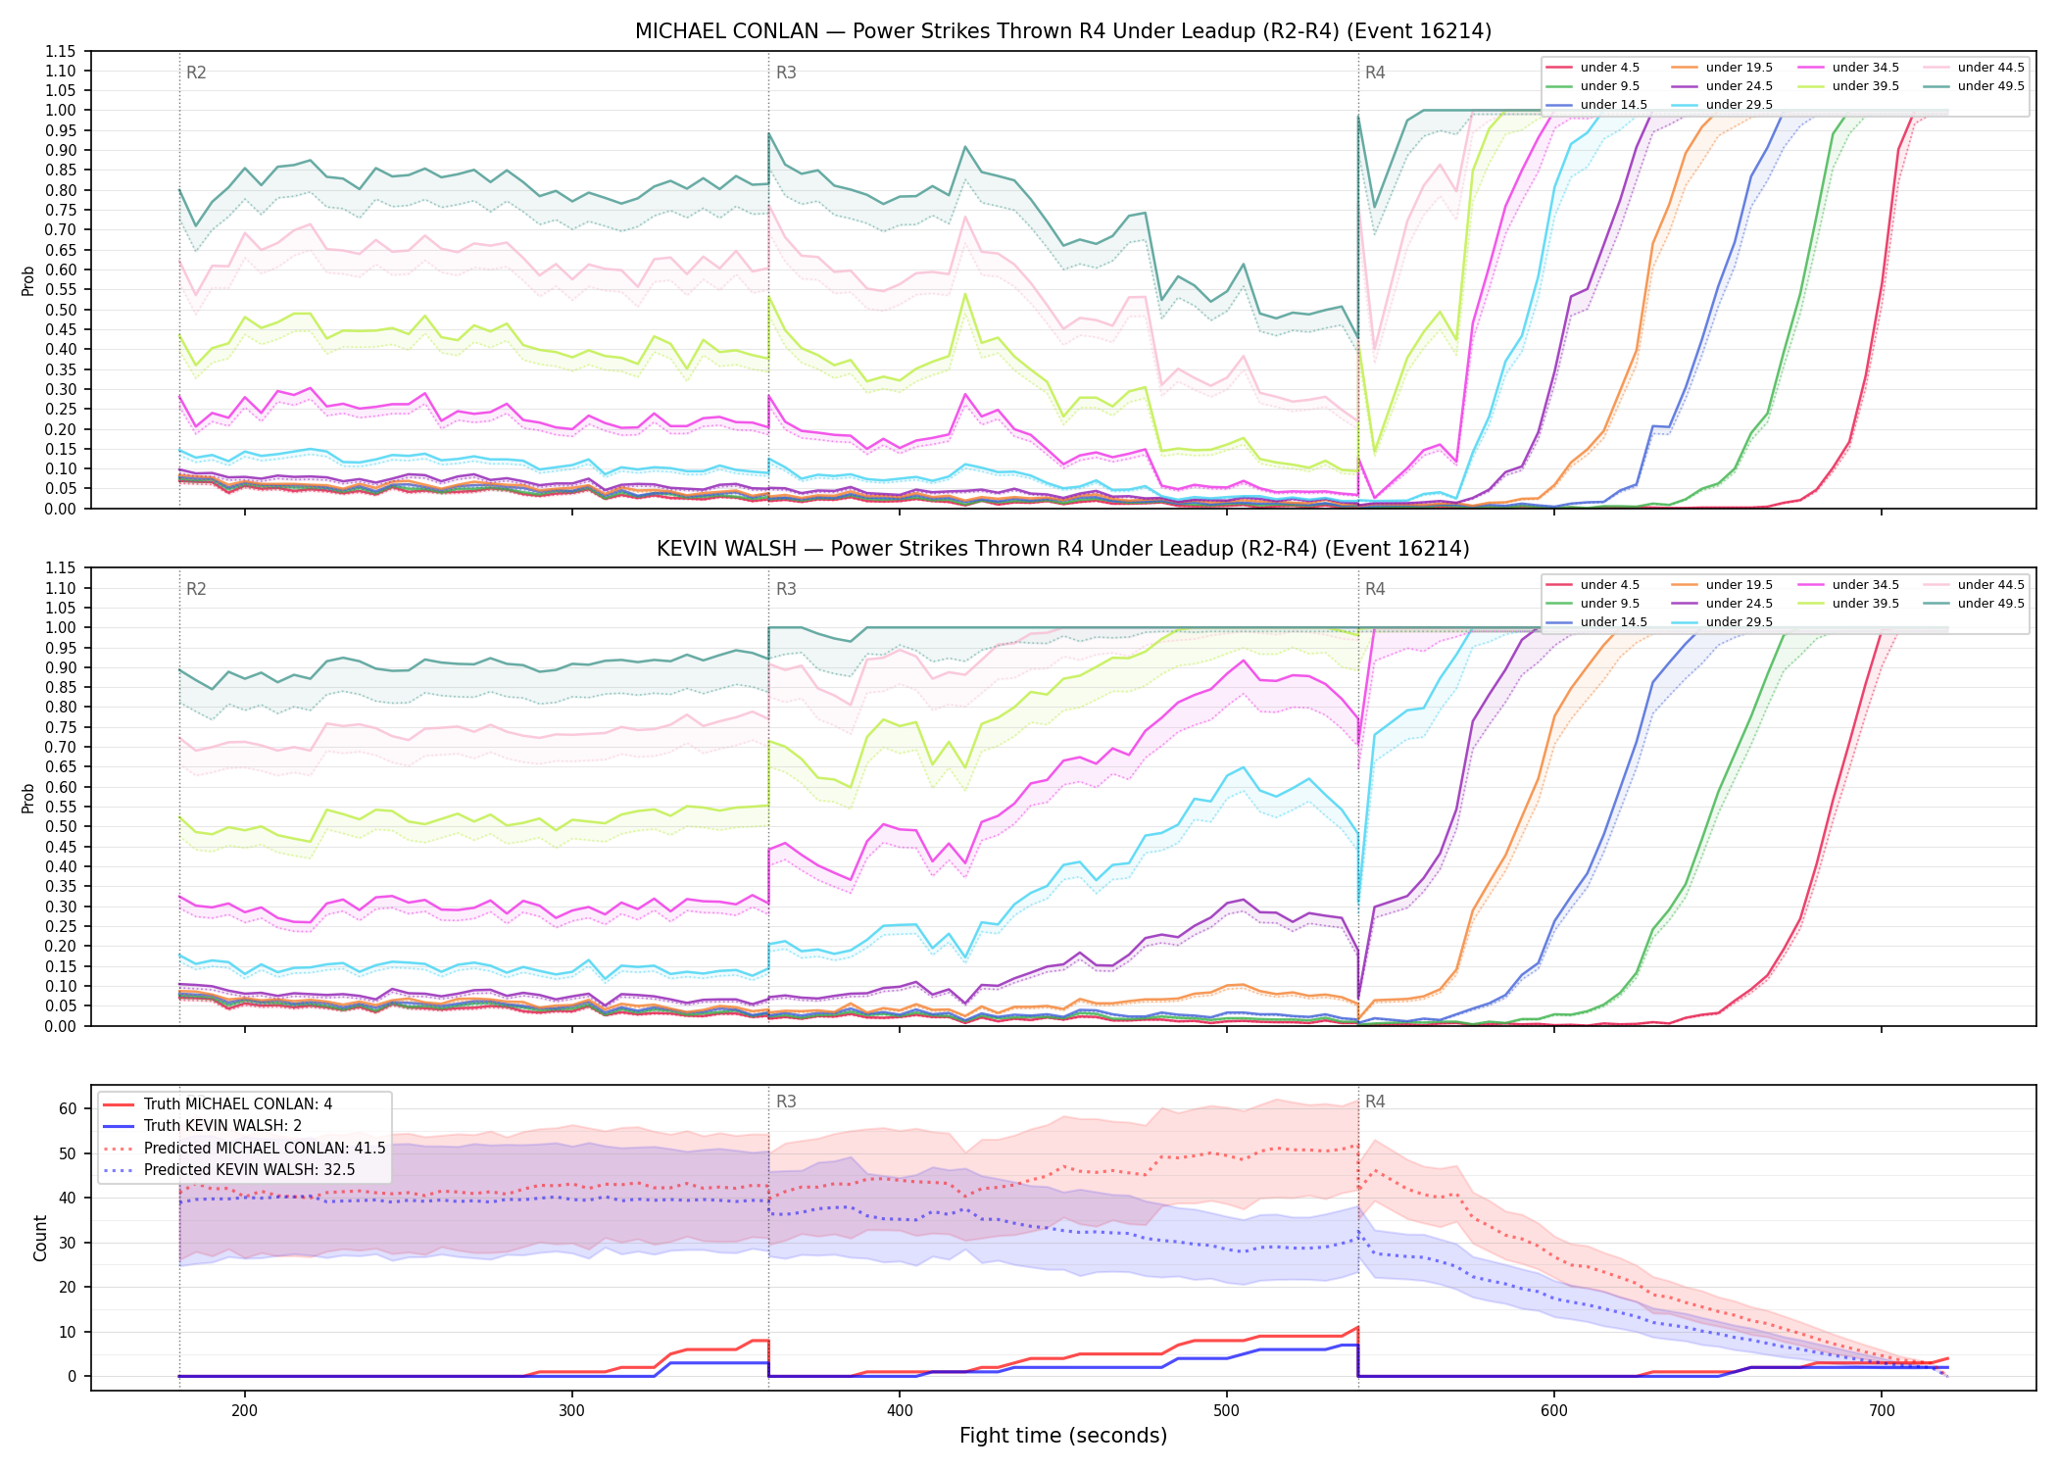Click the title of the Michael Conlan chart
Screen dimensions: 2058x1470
pyautogui.click(x=1063, y=31)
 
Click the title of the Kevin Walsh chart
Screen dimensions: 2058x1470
pyautogui.click(x=1063, y=549)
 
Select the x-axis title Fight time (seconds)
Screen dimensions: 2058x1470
pyautogui.click(x=1063, y=1436)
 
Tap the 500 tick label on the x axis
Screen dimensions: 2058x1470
pyautogui.click(x=1227, y=1410)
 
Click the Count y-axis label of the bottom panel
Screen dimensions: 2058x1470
pyautogui.click(x=40, y=1238)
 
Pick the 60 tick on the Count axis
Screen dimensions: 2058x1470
pyautogui.click(x=68, y=1109)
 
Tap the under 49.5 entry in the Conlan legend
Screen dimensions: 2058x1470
pyautogui.click(x=1974, y=86)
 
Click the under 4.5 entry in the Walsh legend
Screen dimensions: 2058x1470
pyautogui.click(x=1592, y=585)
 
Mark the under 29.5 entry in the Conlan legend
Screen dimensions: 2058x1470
pyautogui.click(x=1722, y=105)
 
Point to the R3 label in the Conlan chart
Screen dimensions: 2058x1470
pyautogui.click(x=786, y=73)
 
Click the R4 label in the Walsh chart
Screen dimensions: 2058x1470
pyautogui.click(x=1375, y=589)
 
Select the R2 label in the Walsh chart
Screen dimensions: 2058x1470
pyautogui.click(x=196, y=589)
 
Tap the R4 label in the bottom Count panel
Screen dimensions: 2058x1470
pyautogui.click(x=1375, y=1102)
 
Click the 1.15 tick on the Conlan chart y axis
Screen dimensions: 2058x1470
pyautogui.click(x=61, y=51)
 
